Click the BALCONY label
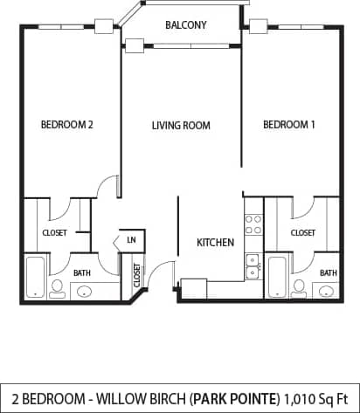click(x=185, y=25)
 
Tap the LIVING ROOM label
click(x=181, y=126)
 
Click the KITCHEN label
click(x=215, y=242)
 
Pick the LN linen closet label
click(x=131, y=239)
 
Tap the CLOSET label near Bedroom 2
click(x=55, y=233)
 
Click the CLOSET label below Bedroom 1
click(x=302, y=233)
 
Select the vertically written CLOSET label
click(x=137, y=275)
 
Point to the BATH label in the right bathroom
click(x=328, y=273)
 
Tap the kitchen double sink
click(x=252, y=265)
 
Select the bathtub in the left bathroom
click(x=36, y=278)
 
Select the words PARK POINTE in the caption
click(x=239, y=398)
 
